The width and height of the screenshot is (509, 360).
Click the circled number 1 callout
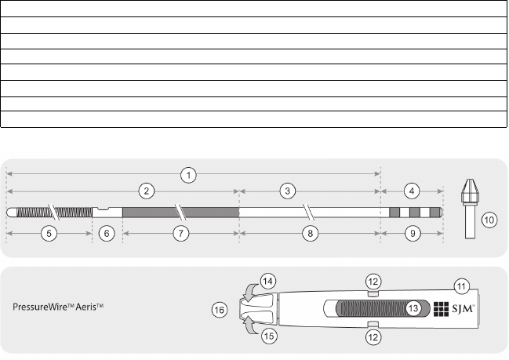[188, 175]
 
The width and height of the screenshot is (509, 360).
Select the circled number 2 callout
[147, 191]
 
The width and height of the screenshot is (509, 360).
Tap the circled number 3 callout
[288, 191]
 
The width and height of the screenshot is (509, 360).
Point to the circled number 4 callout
[412, 191]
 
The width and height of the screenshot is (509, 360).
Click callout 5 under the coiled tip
[49, 234]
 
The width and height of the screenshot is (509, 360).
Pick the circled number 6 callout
[107, 234]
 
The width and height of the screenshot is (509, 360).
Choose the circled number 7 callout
[181, 234]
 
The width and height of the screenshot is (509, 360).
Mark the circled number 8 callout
[310, 234]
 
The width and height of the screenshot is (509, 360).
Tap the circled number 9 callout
[413, 234]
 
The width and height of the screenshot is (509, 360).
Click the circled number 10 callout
[489, 220]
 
